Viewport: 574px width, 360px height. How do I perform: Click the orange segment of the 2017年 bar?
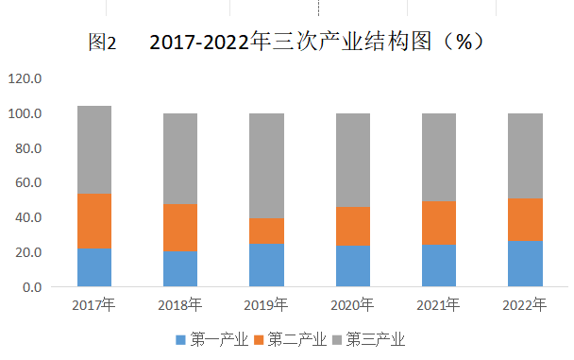(x=94, y=221)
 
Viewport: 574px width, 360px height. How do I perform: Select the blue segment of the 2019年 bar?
(x=266, y=266)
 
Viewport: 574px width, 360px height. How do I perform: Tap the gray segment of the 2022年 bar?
(x=525, y=156)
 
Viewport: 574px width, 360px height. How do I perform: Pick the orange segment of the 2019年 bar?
(x=266, y=231)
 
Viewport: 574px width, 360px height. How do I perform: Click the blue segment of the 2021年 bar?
(x=439, y=266)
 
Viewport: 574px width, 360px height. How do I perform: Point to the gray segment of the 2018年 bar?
(x=180, y=159)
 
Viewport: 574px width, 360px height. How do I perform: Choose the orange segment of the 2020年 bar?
(x=353, y=227)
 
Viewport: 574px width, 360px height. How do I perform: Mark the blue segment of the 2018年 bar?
(x=180, y=268)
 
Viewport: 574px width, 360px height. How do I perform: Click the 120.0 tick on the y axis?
(x=25, y=78)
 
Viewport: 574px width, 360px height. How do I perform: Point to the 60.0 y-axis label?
(x=28, y=182)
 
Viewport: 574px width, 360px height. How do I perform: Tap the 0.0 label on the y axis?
(x=32, y=287)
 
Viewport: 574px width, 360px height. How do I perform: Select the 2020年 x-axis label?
(x=352, y=305)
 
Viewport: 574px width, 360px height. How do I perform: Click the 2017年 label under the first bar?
(x=93, y=305)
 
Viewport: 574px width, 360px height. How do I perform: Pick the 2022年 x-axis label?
(x=525, y=305)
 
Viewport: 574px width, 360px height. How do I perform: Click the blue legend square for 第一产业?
(x=181, y=340)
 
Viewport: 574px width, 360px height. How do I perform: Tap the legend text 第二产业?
(x=296, y=339)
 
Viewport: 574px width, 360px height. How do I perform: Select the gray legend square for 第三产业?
(x=337, y=340)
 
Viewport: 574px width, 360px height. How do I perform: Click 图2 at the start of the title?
(x=102, y=43)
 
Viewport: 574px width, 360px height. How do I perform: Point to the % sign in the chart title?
(x=464, y=42)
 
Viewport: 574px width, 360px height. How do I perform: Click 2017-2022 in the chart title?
(x=199, y=42)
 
